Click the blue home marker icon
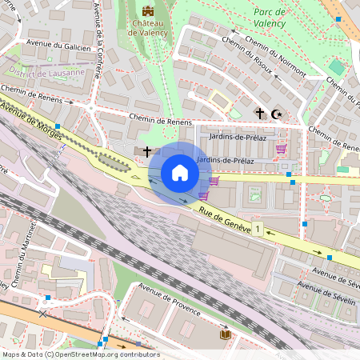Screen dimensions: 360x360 [x=180, y=173]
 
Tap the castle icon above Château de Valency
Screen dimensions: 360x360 [x=147, y=11]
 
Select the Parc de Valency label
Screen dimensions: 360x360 [x=274, y=18]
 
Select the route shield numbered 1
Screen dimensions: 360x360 [x=258, y=230]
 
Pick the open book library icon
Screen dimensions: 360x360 [x=226, y=333]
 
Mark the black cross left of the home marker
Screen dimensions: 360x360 [x=147, y=150]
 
